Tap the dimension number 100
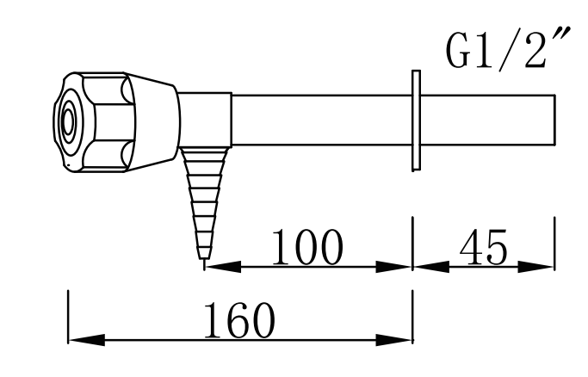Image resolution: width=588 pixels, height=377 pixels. click(x=307, y=248)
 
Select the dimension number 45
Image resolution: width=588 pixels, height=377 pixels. click(x=483, y=248)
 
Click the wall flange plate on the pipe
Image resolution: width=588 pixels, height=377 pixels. click(x=415, y=121)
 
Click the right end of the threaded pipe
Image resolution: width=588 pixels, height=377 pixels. click(x=552, y=121)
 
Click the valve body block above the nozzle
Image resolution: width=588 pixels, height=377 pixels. click(x=205, y=121)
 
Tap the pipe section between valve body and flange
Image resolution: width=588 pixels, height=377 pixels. click(x=319, y=121)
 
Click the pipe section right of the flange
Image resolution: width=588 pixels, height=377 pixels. click(x=486, y=121)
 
